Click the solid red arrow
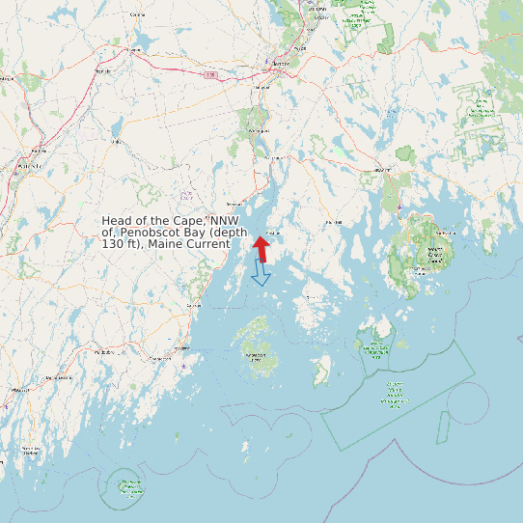[x=261, y=248]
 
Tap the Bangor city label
[x=281, y=64]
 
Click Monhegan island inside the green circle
[x=127, y=485]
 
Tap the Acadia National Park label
[x=435, y=255]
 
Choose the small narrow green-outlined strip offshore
[x=442, y=421]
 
